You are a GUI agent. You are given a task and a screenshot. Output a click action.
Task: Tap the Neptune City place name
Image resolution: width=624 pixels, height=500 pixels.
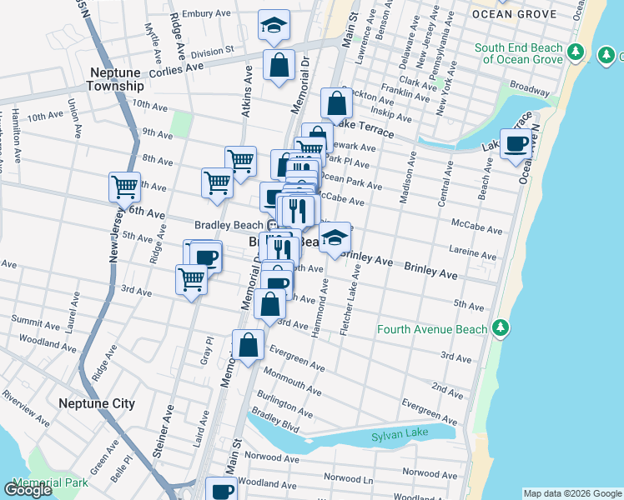(97, 403)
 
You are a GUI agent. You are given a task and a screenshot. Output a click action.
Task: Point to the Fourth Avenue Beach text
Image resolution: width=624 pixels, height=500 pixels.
(431, 329)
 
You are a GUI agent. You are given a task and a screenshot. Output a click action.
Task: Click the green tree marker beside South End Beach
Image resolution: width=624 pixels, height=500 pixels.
(575, 53)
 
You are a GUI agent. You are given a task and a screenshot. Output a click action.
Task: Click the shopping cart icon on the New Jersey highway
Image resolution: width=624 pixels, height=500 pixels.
(124, 186)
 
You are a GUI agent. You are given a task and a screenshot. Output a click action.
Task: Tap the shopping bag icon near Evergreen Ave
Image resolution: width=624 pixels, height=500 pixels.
(249, 344)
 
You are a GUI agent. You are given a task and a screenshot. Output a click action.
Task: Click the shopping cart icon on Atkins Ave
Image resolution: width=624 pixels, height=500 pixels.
(240, 160)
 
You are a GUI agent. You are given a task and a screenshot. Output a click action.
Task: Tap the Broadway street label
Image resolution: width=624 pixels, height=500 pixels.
(529, 87)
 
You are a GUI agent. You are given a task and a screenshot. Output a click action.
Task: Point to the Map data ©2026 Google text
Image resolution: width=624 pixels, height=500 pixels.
(571, 493)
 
